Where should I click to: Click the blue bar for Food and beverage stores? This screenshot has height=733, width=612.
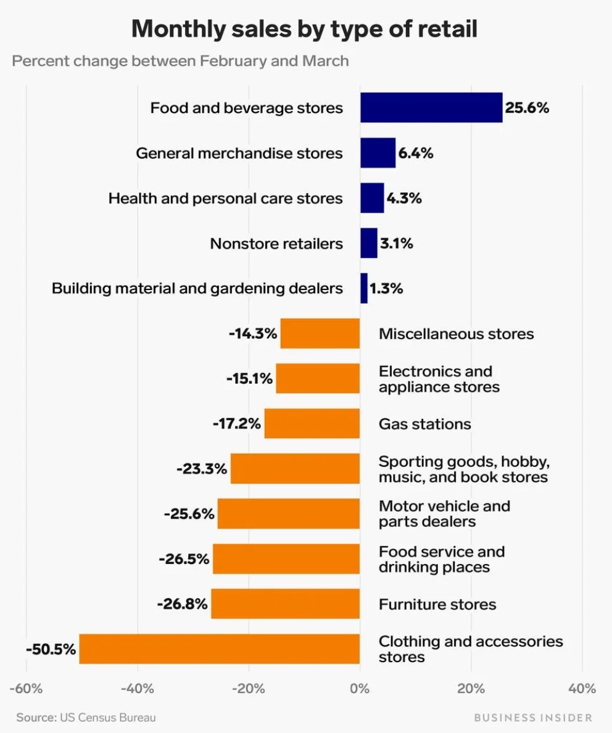point(431,108)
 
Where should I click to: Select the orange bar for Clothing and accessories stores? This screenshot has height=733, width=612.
point(219,648)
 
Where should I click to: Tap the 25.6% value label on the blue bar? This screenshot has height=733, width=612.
point(527,108)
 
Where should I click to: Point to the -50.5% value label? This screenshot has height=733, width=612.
point(51,649)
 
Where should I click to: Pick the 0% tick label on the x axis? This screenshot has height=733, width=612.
point(360,689)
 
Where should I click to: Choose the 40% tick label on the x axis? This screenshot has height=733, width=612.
point(582,689)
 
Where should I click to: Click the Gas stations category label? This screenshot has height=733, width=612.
point(424,424)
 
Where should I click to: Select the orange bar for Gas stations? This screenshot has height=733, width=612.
point(312,424)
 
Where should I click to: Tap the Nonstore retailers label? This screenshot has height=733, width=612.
point(276,243)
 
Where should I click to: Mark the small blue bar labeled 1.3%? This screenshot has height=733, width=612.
point(364,288)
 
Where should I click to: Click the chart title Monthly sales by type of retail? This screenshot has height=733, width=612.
point(305,29)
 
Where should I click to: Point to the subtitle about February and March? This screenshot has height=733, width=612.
point(180,61)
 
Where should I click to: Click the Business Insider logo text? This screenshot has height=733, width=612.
point(532,718)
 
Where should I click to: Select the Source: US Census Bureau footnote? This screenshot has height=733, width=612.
point(86,718)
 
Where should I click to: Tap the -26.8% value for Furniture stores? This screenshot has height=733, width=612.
point(182,603)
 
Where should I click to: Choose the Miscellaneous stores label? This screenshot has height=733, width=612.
point(456,334)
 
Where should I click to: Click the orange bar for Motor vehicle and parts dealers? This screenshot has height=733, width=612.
point(288,514)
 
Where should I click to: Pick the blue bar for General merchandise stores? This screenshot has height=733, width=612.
point(378,153)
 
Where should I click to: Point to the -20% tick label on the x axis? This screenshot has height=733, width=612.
point(249,689)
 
